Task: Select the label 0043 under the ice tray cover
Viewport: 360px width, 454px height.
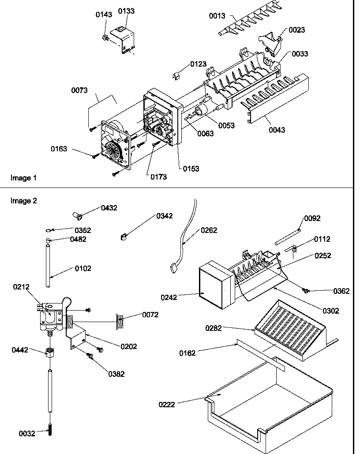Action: [277, 130]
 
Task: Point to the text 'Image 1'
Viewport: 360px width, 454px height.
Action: [23, 178]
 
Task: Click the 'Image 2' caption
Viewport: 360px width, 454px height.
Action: [23, 201]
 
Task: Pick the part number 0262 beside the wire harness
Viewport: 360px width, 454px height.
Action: [209, 230]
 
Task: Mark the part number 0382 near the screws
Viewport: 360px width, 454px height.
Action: [116, 374]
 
